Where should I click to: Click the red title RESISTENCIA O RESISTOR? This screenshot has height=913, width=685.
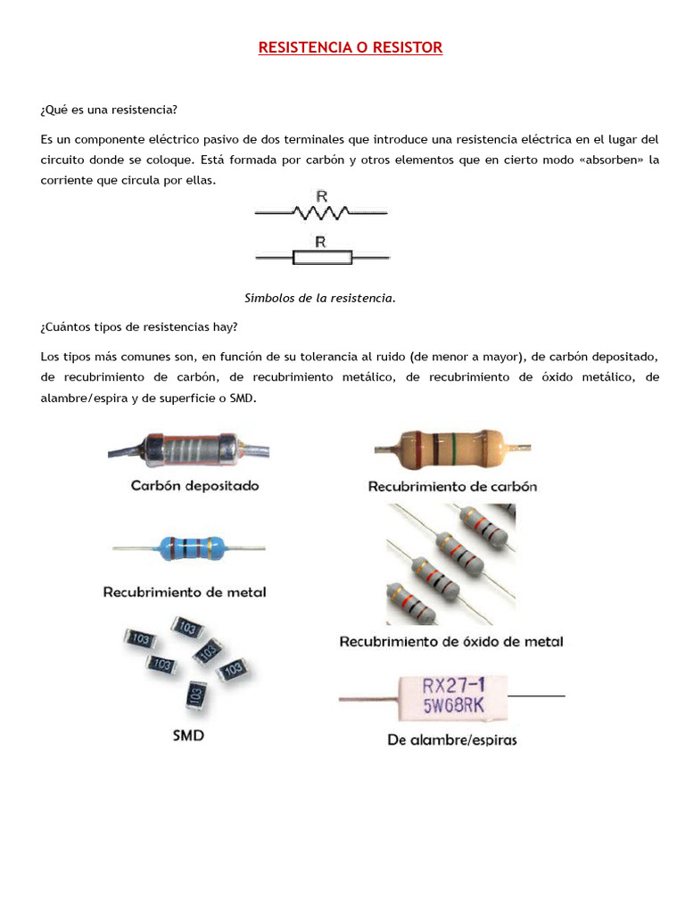(350, 47)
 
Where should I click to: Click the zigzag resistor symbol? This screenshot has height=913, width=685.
(321, 212)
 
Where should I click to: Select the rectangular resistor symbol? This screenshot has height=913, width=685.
(322, 258)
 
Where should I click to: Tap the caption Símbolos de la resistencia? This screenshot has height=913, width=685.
(319, 298)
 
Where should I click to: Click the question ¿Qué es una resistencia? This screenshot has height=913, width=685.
(109, 110)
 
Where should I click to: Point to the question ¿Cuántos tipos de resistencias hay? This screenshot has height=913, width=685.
(139, 326)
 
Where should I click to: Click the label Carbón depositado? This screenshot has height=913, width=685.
(194, 486)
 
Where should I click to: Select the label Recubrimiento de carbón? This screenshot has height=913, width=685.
(452, 487)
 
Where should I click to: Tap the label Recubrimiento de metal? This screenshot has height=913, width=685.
(185, 592)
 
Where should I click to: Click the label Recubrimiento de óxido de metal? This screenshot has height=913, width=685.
(451, 641)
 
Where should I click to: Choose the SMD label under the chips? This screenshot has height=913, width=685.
(186, 736)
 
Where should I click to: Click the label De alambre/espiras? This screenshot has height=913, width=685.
(452, 739)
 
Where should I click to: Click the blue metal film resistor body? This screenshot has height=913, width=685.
(189, 547)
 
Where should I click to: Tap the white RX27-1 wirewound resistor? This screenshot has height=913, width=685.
(451, 697)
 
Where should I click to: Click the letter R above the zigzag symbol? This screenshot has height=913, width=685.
(321, 194)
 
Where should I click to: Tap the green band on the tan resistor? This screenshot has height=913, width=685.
(455, 445)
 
